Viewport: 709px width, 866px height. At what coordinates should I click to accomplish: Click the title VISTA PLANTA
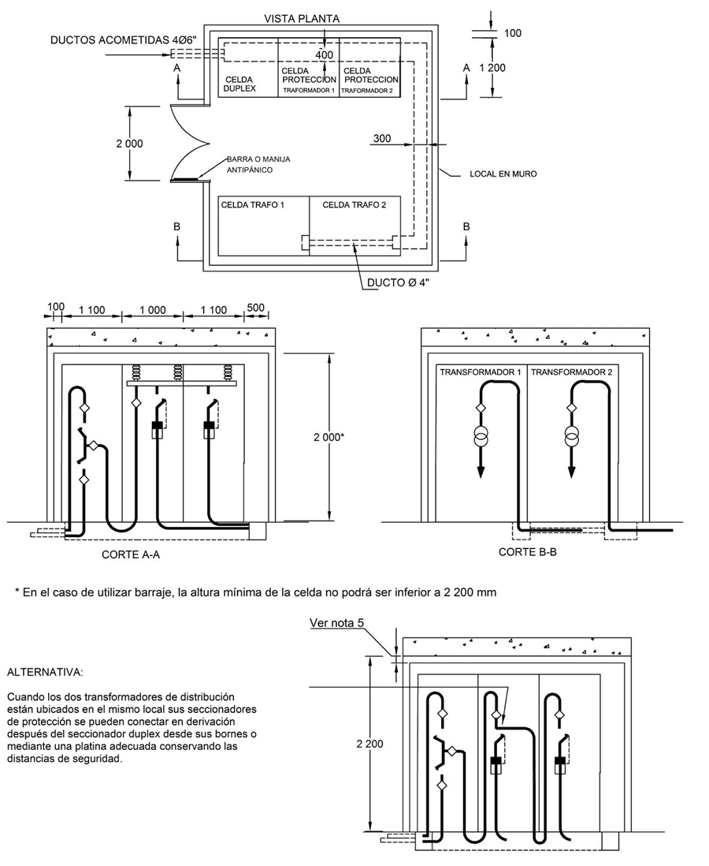click(x=302, y=19)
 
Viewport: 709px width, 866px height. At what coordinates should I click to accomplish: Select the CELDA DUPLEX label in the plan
click(x=239, y=84)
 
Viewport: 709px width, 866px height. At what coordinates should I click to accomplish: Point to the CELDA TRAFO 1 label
click(x=253, y=205)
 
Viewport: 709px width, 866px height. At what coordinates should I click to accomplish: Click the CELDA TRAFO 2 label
click(x=354, y=205)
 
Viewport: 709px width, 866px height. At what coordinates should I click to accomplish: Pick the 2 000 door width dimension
click(x=129, y=144)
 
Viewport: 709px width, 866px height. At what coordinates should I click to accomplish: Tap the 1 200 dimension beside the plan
click(x=492, y=68)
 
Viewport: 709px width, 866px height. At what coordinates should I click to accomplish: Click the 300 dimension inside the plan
click(x=382, y=138)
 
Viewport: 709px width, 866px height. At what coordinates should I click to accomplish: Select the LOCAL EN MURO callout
click(x=503, y=174)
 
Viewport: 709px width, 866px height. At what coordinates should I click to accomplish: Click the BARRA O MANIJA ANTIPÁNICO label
click(x=258, y=165)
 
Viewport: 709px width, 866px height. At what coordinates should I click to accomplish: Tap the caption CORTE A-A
click(x=131, y=554)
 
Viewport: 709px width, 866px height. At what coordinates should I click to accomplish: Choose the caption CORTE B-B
click(x=528, y=552)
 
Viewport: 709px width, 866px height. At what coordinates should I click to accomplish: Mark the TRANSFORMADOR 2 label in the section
click(x=572, y=372)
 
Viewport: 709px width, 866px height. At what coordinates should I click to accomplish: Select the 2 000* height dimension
click(x=329, y=438)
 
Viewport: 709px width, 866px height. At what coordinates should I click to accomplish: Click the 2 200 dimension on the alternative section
click(x=369, y=744)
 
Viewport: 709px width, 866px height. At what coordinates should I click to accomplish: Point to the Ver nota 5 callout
click(x=336, y=623)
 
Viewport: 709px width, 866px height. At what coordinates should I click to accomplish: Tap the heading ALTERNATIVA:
click(x=45, y=673)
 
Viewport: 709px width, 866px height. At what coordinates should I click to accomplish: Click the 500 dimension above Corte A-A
click(x=255, y=307)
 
